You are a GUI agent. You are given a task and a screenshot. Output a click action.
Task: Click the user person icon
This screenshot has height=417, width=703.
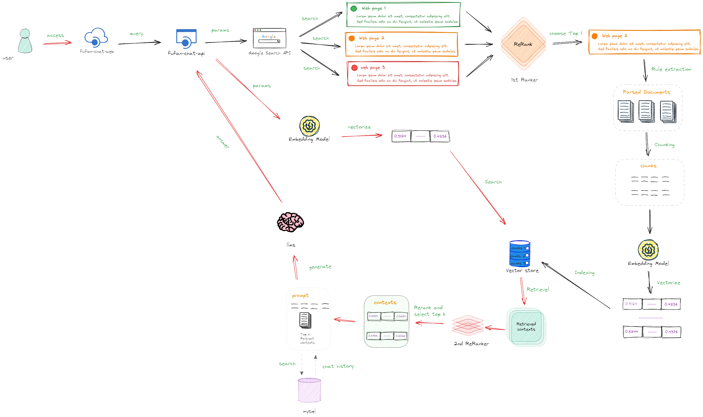pyautogui.click(x=25, y=41)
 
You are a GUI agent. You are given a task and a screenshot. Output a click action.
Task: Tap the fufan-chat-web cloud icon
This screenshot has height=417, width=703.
pyautogui.click(x=96, y=37)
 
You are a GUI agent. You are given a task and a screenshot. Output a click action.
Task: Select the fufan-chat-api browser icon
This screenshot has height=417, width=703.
pyautogui.click(x=186, y=38)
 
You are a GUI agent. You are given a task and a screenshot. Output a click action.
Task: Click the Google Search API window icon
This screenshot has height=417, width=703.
pyautogui.click(x=269, y=38)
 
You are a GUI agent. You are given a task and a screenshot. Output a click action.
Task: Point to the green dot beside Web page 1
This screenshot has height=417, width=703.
pyautogui.click(x=354, y=8)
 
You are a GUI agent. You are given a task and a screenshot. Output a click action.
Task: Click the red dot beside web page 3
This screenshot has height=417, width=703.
pyautogui.click(x=354, y=68)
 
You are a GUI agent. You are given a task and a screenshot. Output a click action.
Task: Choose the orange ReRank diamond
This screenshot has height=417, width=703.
pyautogui.click(x=523, y=44)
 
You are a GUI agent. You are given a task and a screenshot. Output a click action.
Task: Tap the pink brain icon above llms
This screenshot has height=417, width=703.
pyautogui.click(x=290, y=222)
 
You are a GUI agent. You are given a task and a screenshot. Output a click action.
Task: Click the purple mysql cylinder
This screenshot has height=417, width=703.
pyautogui.click(x=309, y=390)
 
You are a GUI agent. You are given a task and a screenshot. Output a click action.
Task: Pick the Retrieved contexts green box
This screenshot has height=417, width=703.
pyautogui.click(x=526, y=327)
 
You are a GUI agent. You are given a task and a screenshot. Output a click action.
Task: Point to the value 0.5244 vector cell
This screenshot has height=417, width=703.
pyautogui.click(x=632, y=331)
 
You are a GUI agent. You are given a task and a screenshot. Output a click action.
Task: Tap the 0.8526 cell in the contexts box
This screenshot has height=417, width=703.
pyautogui.click(x=400, y=336)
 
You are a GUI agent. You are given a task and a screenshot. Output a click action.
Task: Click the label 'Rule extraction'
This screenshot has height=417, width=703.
pyautogui.click(x=671, y=69)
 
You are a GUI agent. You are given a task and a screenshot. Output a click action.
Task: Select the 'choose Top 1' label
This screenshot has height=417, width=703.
pyautogui.click(x=565, y=34)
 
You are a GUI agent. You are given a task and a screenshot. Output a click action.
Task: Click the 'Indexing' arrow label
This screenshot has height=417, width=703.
pyautogui.click(x=584, y=272)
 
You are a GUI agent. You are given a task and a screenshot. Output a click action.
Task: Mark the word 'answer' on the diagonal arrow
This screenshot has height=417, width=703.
pyautogui.click(x=223, y=142)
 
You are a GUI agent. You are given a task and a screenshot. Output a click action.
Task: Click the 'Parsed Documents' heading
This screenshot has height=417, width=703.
pyautogui.click(x=646, y=92)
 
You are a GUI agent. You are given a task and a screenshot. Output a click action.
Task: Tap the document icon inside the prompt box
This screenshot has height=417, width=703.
pyautogui.click(x=305, y=321)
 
